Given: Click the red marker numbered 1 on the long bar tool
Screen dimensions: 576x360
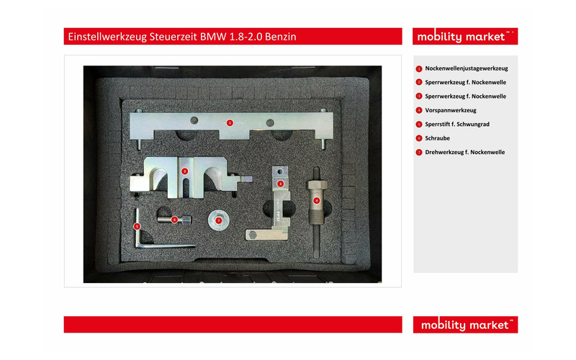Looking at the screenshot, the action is (x=230, y=122).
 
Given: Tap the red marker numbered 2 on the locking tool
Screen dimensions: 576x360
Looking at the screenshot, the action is (x=185, y=171).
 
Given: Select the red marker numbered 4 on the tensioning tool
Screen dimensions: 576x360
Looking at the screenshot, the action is (x=316, y=201).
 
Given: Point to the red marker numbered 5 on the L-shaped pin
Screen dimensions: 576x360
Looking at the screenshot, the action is (x=137, y=226).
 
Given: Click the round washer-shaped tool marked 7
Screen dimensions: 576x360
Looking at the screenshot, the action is (x=219, y=220).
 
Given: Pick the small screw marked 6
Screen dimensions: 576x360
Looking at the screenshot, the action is (x=174, y=220).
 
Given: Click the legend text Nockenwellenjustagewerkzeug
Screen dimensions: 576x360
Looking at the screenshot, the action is (x=467, y=68).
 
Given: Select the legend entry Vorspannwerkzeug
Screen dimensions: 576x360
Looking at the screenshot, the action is (x=451, y=110).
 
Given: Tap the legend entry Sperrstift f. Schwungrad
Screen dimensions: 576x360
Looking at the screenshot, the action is (x=457, y=124).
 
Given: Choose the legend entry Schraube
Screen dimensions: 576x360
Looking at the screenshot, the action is (x=438, y=138).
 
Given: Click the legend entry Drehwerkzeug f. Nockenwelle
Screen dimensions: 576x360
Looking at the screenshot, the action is (x=465, y=152).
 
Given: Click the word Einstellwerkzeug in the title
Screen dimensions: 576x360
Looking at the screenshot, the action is (x=107, y=37).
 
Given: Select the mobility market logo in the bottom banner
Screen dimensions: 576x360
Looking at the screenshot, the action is (x=465, y=325).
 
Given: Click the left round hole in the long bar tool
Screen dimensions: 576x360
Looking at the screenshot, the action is (x=194, y=120).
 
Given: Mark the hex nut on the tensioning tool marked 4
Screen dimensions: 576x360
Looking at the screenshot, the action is (x=318, y=184).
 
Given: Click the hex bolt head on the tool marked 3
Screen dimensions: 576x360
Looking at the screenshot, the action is (x=253, y=235).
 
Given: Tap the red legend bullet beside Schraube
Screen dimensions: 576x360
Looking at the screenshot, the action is (x=419, y=138).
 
